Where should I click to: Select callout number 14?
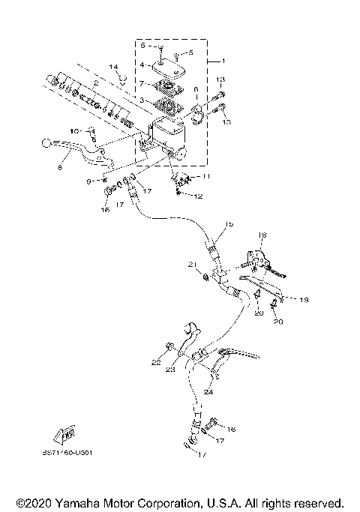click(114, 67)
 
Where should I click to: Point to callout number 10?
click(73, 132)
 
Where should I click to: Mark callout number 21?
click(193, 265)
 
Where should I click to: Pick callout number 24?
click(208, 391)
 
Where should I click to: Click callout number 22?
click(156, 361)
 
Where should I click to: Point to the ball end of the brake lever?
click(47, 143)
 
